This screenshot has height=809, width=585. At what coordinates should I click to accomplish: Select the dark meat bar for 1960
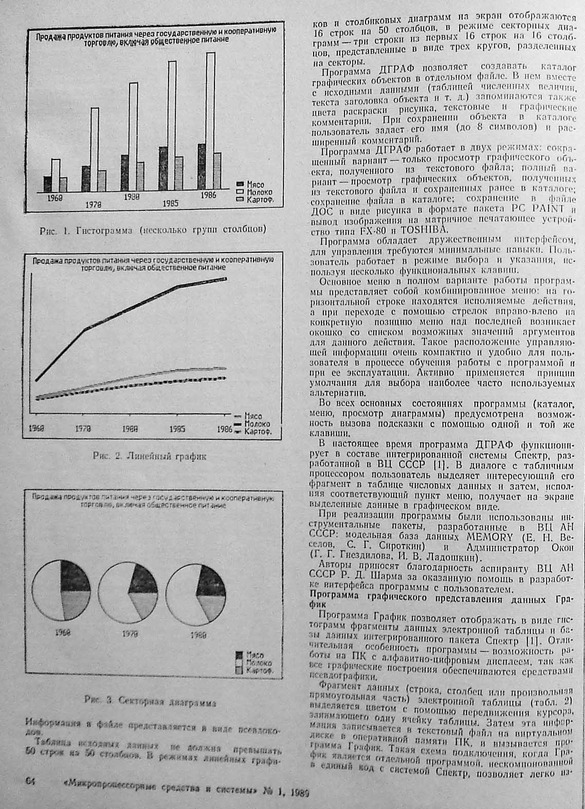[x=48, y=184]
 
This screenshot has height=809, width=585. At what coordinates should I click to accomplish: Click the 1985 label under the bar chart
[x=170, y=203]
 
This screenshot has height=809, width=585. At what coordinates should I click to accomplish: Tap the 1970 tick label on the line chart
[x=81, y=428]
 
